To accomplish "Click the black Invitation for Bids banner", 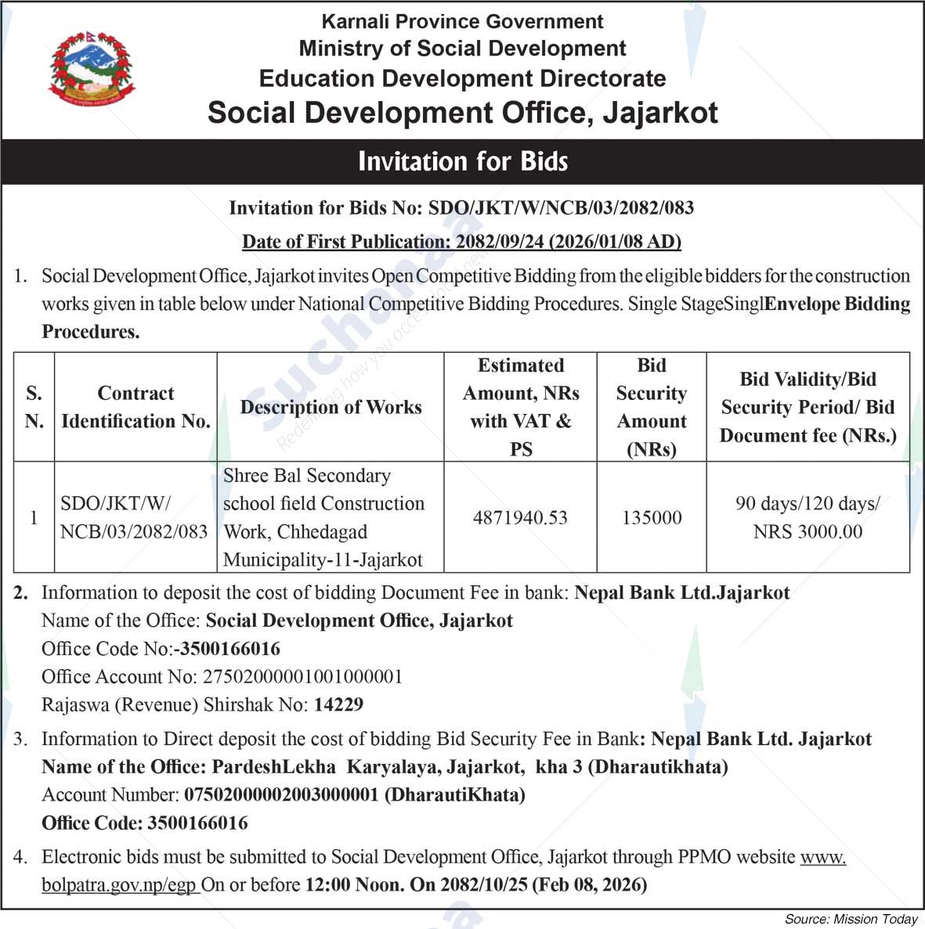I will click(462, 161).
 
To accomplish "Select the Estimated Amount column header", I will click(520, 407).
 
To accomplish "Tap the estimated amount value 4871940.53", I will click(520, 517).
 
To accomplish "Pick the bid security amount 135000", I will click(652, 517).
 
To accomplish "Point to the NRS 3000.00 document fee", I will click(808, 532).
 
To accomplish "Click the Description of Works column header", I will click(331, 407).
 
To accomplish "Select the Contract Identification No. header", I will click(135, 407).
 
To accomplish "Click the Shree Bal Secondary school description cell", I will click(323, 517).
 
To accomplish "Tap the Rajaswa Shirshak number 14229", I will click(338, 704).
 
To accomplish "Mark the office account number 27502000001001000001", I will click(302, 676).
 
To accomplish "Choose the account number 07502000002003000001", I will click(283, 794).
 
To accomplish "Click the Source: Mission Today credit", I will click(851, 920).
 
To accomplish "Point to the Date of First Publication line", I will click(461, 242).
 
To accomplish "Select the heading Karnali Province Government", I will click(462, 21).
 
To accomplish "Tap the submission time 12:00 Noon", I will click(354, 885).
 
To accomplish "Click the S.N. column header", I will click(34, 407).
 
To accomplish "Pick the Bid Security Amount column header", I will click(652, 407).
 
